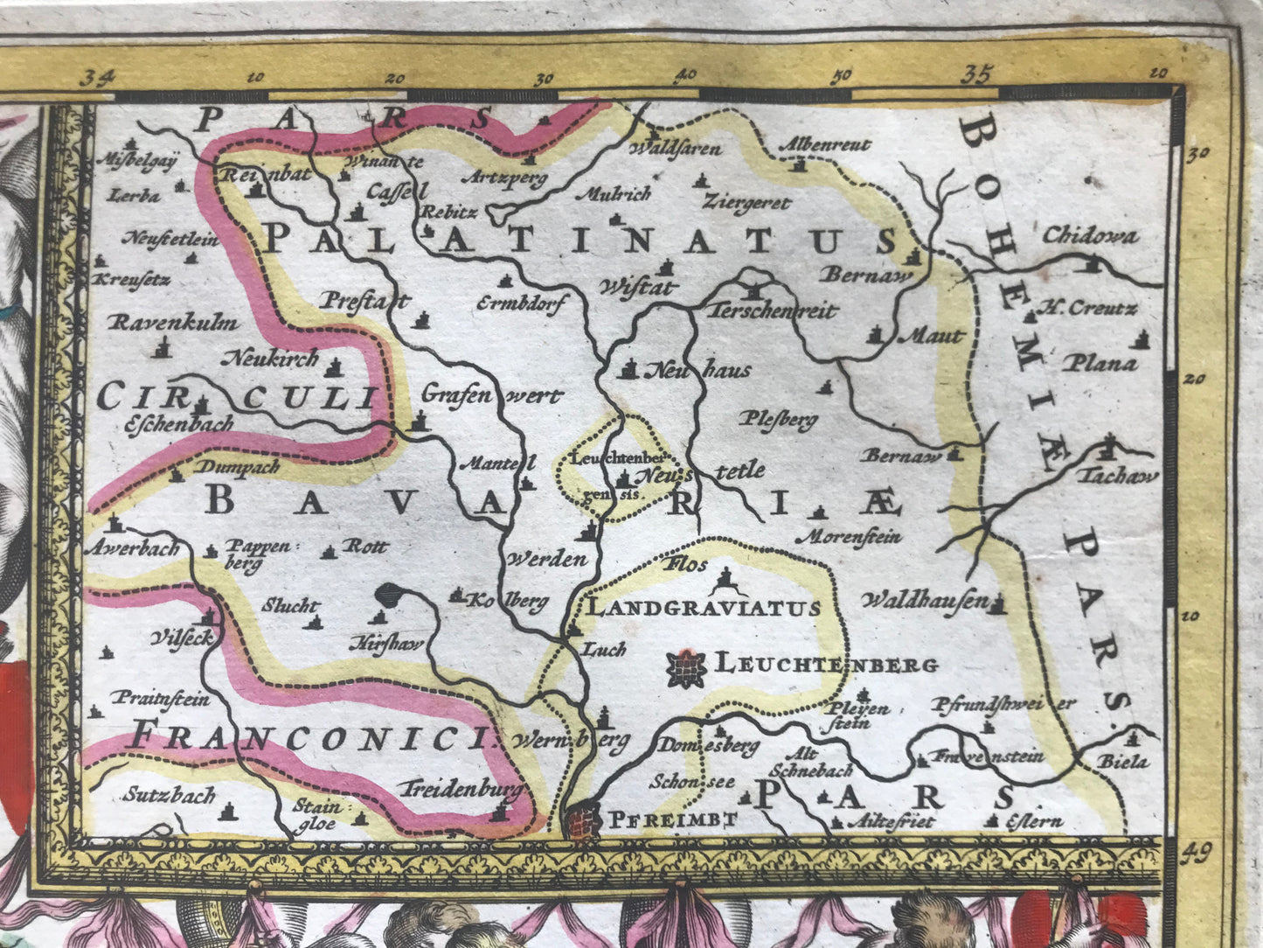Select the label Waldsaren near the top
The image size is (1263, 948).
click(675, 148)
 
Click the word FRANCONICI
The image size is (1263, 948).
click(311, 739)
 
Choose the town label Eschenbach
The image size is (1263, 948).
click(179, 424)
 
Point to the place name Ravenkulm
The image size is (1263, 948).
click(172, 324)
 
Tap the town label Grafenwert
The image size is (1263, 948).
click(491, 396)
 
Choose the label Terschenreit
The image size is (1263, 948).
click(773, 311)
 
